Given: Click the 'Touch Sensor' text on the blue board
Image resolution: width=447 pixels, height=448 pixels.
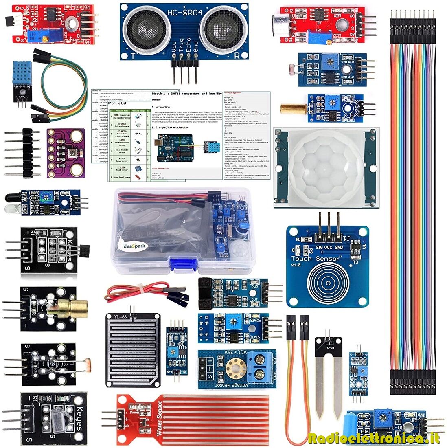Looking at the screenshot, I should [x=315, y=259].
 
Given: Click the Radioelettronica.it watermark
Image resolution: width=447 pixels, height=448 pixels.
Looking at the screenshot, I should [x=374, y=438].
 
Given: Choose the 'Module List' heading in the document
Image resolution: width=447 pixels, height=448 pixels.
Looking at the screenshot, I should [x=117, y=103].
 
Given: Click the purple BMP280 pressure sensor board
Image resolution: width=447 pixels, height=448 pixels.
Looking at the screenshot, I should [x=66, y=153].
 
